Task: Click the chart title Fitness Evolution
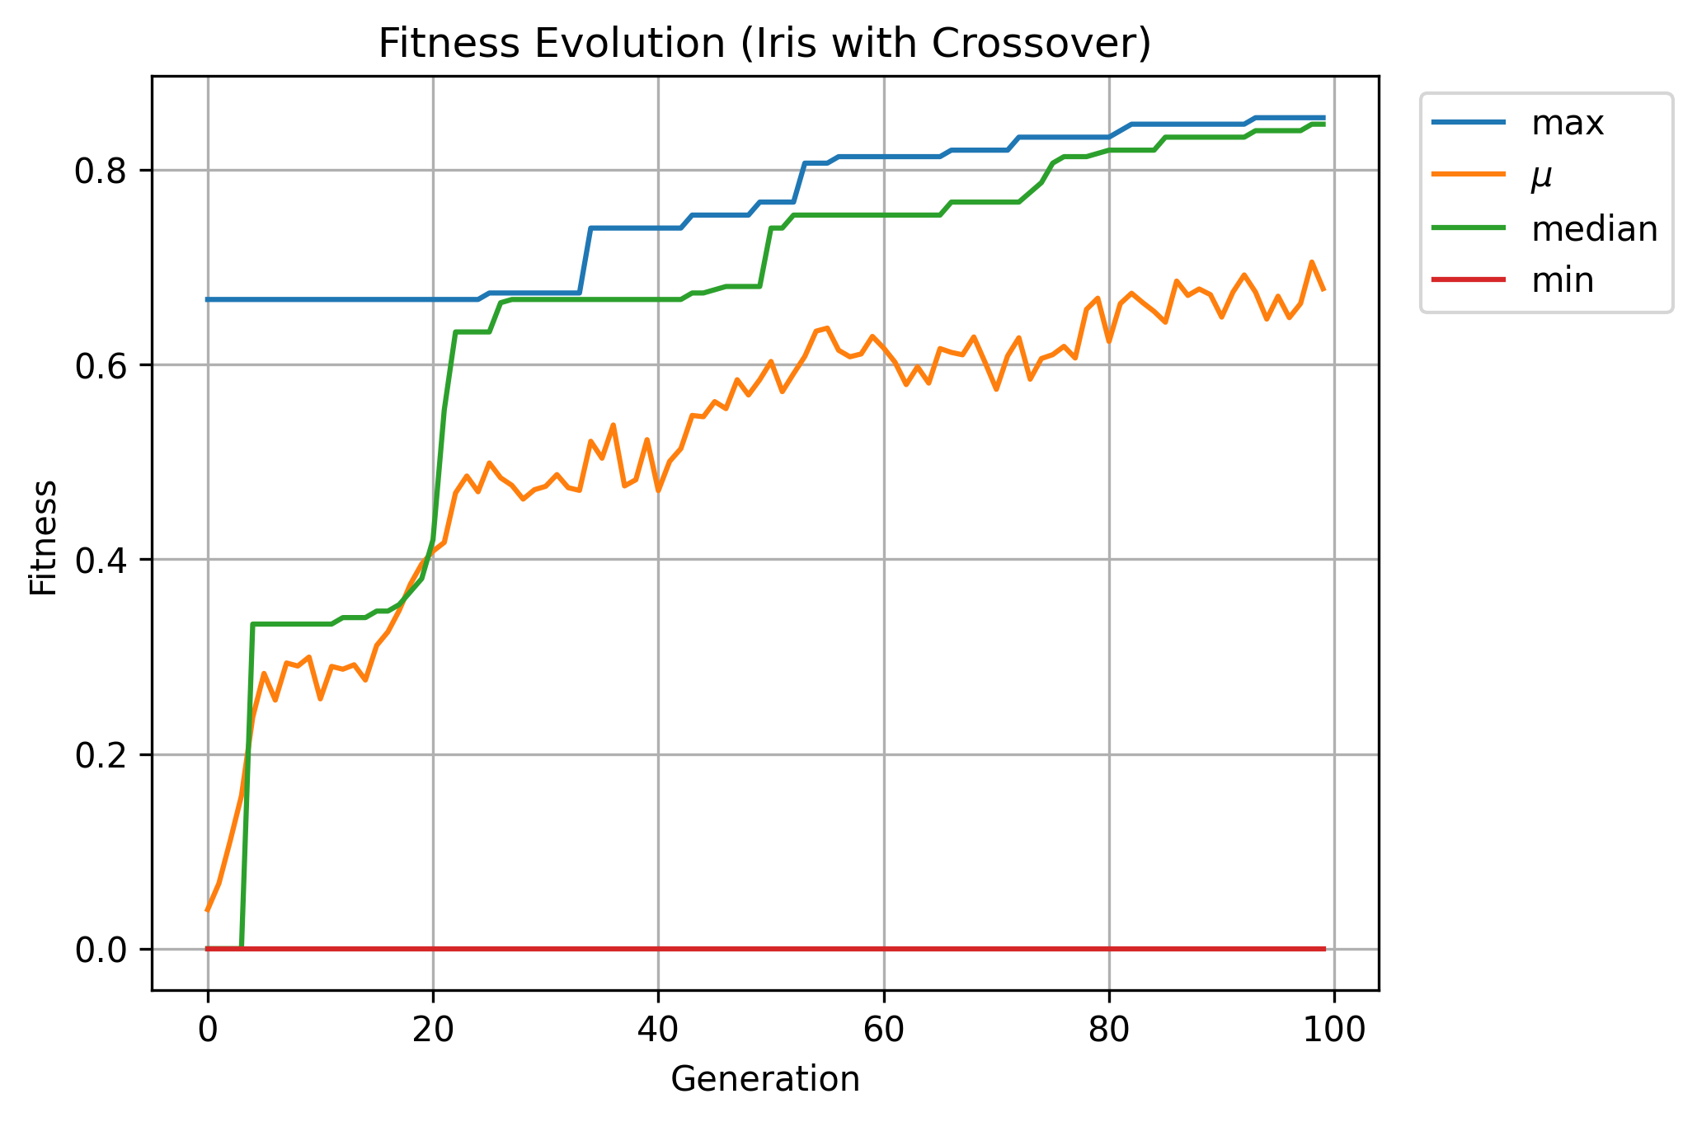(764, 44)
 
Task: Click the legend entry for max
(1567, 123)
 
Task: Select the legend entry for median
(1594, 228)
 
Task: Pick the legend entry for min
(1562, 281)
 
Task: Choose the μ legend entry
(1541, 176)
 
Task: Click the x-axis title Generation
(764, 1079)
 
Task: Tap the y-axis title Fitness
(44, 537)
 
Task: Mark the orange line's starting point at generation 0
(208, 909)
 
